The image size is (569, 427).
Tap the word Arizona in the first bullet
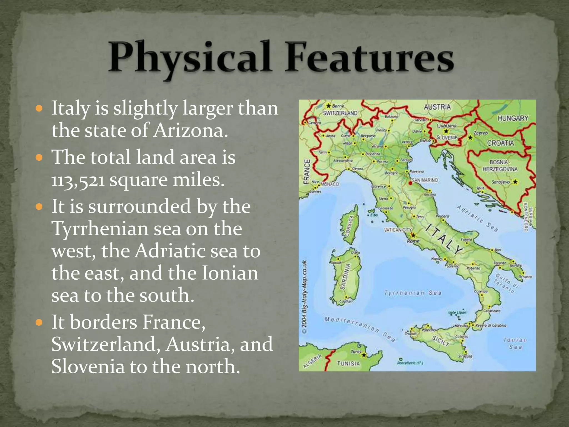189,130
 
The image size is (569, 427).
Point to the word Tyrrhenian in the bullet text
100,229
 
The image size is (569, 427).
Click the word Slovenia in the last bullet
88,366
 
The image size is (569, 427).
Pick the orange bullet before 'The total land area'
39,158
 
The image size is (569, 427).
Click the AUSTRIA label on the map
437,107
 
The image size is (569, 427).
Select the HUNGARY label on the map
513,118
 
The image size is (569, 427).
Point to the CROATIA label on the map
500,143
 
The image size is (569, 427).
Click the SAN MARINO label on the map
425,180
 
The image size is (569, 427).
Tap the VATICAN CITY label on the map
398,230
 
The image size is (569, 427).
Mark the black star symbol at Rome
413,235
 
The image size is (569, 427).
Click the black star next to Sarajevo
515,182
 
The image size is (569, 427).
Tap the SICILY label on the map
441,341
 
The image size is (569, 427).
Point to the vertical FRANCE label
307,172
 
